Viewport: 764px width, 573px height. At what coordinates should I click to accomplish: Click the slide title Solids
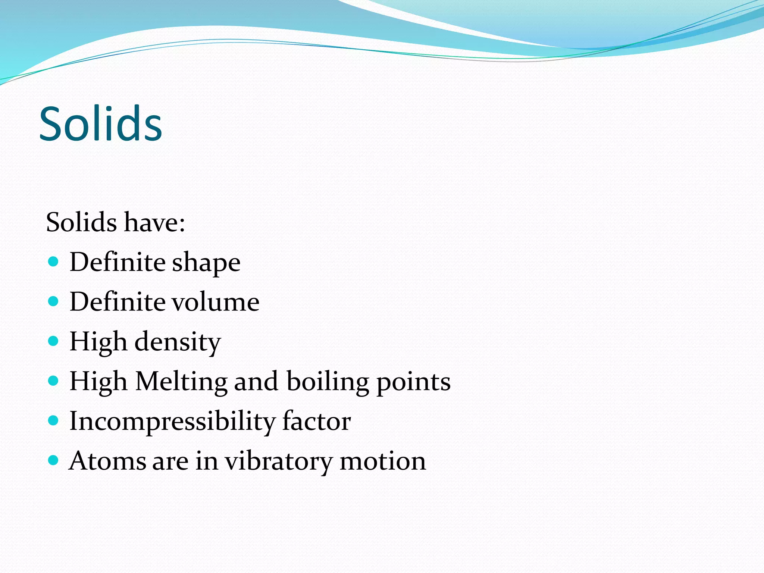pyautogui.click(x=101, y=124)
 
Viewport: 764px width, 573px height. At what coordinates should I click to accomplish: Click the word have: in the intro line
pyautogui.click(x=154, y=222)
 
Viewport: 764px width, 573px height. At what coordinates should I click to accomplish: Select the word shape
pyautogui.click(x=206, y=263)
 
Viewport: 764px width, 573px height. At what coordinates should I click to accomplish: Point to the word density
pyautogui.click(x=178, y=342)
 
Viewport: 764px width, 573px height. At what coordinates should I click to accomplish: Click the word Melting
pyautogui.click(x=181, y=382)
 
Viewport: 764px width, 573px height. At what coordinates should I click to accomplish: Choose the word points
pyautogui.click(x=413, y=382)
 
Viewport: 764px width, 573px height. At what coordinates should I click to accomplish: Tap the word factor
pyautogui.click(x=316, y=421)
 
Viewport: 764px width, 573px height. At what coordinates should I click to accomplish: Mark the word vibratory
pyautogui.click(x=278, y=462)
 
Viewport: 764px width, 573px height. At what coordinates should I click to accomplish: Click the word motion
pyautogui.click(x=383, y=461)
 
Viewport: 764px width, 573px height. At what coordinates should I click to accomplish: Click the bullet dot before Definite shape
pyautogui.click(x=54, y=262)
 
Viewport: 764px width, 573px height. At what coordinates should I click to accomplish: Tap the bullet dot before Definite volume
pyautogui.click(x=54, y=301)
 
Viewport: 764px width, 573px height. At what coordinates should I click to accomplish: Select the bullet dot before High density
pyautogui.click(x=54, y=341)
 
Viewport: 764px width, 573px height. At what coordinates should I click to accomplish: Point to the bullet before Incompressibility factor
pyautogui.click(x=54, y=420)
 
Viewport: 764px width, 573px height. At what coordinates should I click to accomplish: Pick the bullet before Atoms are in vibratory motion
pyautogui.click(x=54, y=460)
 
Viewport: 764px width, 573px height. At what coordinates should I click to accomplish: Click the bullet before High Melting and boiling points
pyautogui.click(x=54, y=381)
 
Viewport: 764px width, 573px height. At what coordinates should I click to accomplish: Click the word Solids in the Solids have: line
pyautogui.click(x=81, y=222)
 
